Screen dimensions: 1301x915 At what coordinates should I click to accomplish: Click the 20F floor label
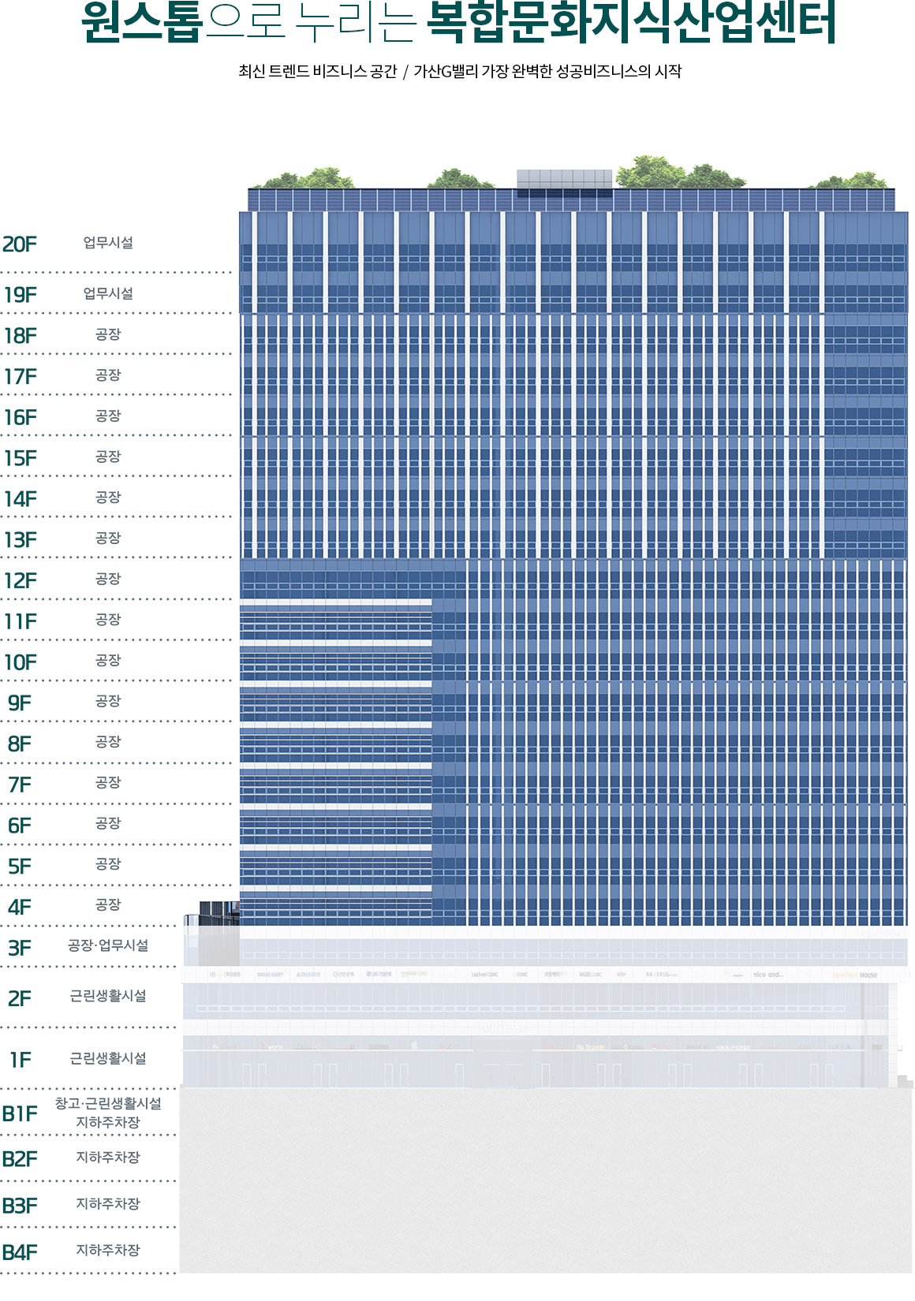(20, 244)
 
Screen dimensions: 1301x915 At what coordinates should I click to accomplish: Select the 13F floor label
(21, 540)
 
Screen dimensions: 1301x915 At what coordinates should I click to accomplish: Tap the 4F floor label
(20, 908)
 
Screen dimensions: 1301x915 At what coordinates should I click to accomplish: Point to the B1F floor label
(20, 1114)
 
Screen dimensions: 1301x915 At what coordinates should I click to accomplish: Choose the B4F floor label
(20, 1252)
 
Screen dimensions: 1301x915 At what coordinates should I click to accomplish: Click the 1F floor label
(21, 1061)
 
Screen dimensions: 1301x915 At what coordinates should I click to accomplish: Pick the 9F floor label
(20, 703)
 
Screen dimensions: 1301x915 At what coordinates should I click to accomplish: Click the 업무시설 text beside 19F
(108, 293)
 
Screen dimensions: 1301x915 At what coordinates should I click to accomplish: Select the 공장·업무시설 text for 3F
(108, 945)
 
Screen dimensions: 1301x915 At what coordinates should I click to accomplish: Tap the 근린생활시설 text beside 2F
(108, 996)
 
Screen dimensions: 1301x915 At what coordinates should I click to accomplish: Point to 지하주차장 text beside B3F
(108, 1204)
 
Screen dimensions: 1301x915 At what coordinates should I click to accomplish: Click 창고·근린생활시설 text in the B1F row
(108, 1103)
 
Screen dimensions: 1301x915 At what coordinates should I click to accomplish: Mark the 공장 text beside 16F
(108, 416)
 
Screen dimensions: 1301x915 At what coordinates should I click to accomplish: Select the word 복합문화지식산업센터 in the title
(631, 24)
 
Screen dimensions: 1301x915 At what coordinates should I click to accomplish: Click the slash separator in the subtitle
(405, 72)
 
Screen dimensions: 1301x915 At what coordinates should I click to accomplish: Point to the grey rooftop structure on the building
(564, 179)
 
